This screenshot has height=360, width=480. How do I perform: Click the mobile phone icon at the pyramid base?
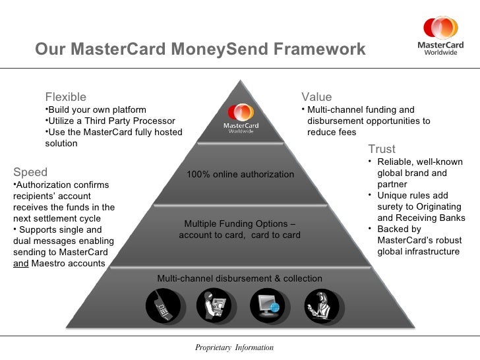point(162,305)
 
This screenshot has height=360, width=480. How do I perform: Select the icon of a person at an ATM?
point(214,305)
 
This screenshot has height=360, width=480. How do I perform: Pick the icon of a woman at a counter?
point(322,305)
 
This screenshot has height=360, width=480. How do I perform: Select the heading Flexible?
point(65,98)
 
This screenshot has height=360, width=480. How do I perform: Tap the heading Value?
point(316,98)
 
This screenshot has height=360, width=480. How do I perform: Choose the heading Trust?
point(382,149)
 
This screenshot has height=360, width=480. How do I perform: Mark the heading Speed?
point(30,172)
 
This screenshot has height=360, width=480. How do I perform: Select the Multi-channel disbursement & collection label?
point(240,278)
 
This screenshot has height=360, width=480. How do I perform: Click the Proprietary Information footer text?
point(234,347)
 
